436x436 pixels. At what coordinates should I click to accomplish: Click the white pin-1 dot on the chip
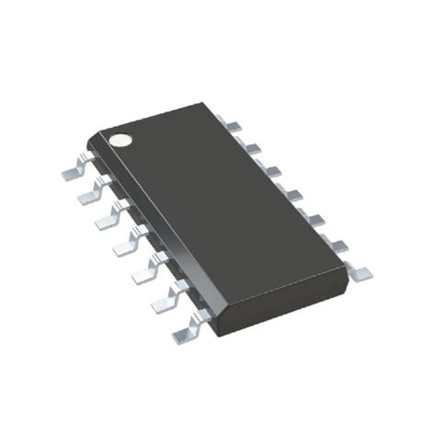pyautogui.click(x=120, y=141)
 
